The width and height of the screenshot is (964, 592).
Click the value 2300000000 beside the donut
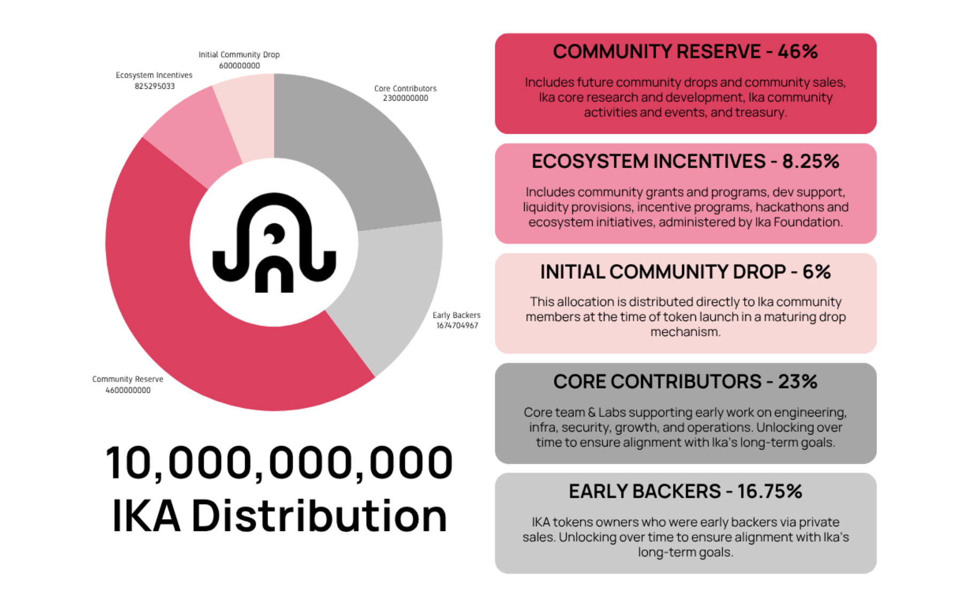(x=406, y=98)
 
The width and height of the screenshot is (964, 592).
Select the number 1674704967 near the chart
(x=457, y=325)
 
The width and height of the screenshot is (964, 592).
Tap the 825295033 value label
(x=155, y=86)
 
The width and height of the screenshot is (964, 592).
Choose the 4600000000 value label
(x=128, y=390)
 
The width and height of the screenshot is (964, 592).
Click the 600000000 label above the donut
(x=240, y=66)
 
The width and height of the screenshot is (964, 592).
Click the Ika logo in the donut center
(x=274, y=242)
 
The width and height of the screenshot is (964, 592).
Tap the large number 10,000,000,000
(x=279, y=463)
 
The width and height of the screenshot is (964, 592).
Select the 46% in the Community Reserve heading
(x=798, y=52)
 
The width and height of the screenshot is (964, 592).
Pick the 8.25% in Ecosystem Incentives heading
(x=810, y=162)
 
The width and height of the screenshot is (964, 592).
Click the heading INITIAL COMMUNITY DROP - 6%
(x=685, y=272)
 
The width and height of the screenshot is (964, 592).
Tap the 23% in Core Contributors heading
(x=798, y=382)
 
